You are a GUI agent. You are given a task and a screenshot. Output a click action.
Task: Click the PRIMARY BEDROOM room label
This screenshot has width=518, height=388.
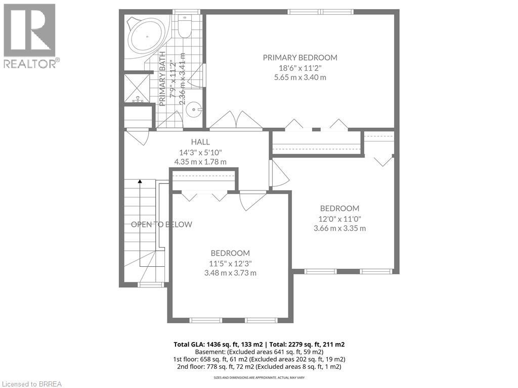(299, 58)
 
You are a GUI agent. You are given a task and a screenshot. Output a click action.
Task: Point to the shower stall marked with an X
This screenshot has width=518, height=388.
(137, 87)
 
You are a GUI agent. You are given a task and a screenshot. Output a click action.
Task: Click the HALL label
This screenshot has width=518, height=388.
(200, 142)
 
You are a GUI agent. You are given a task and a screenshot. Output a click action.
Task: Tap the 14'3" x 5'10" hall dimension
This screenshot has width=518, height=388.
(200, 152)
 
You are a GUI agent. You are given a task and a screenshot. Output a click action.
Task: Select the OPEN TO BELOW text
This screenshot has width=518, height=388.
(161, 224)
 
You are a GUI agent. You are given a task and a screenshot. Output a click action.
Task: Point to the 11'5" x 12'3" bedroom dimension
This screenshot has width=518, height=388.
(230, 263)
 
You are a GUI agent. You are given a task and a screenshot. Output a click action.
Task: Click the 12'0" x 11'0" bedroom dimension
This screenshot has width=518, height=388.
(339, 218)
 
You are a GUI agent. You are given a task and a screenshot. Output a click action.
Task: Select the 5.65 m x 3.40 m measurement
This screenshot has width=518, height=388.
(299, 77)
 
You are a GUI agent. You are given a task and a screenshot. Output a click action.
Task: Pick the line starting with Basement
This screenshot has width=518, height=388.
(259, 352)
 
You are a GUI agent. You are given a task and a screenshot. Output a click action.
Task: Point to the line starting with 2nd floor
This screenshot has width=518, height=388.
(259, 366)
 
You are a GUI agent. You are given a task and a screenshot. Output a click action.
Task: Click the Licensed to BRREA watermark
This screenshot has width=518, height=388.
(31, 383)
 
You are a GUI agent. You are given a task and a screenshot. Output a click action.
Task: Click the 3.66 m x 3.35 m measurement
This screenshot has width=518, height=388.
(339, 228)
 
